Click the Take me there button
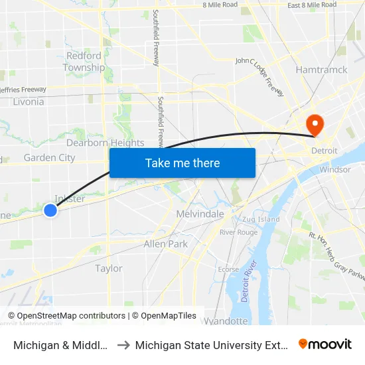[183, 163]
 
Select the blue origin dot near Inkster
[50, 210]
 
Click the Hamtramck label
[321, 70]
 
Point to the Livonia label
[28, 102]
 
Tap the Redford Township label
[84, 62]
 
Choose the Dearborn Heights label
[105, 143]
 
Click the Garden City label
[49, 158]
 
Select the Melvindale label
[200, 214]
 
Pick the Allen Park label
[166, 244]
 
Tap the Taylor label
[109, 269]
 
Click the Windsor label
[334, 169]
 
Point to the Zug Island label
[261, 219]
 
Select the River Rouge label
[238, 232]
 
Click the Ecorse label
[228, 269]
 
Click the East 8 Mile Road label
[311, 5]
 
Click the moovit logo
[325, 344]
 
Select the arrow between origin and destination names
[124, 345]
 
